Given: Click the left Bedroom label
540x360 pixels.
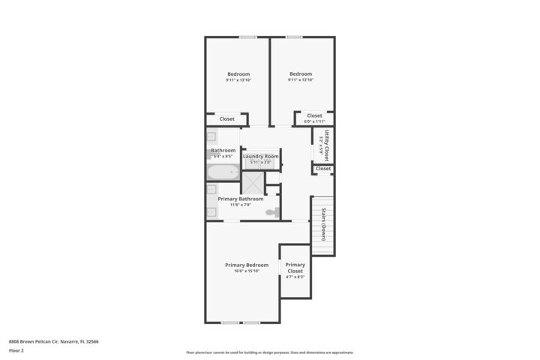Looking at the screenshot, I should tap(238, 73).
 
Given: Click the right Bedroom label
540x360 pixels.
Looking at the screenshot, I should tap(301, 73).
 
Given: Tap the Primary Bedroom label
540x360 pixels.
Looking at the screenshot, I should tap(246, 265).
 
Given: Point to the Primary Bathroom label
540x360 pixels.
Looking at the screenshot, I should tap(240, 199).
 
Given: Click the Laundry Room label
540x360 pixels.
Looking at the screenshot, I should tap(260, 156).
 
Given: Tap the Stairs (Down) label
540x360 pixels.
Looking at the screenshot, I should tap(323, 223).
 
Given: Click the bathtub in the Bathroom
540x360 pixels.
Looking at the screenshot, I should tap(223, 172).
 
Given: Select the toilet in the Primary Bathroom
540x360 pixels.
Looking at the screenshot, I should tap(271, 213).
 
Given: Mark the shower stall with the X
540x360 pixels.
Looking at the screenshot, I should tap(253, 183).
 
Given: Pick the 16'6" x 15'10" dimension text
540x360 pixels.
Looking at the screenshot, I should tap(246, 271).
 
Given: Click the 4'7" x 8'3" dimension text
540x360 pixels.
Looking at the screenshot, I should tap(295, 277).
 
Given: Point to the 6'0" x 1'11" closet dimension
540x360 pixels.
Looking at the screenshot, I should tap(314, 121).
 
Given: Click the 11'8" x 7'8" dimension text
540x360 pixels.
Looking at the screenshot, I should tap(240, 205).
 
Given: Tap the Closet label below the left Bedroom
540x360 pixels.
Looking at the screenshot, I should tap(226, 118).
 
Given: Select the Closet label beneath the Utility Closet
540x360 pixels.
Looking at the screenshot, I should tap(323, 169).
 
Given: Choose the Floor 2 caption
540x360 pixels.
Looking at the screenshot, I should tap(16, 350).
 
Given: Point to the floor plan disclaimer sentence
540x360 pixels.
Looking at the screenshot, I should tap(269, 352).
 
